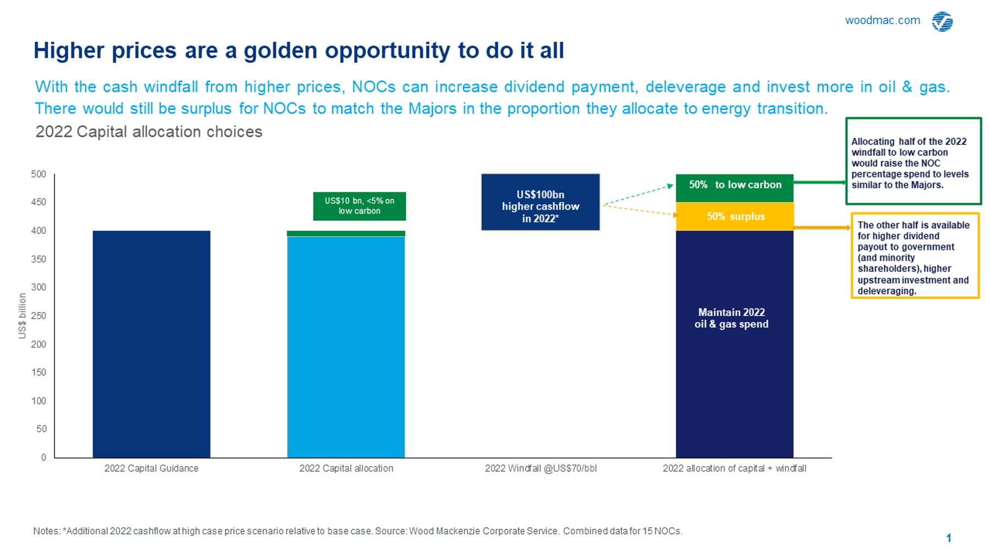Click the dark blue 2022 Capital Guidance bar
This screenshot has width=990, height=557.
(151, 344)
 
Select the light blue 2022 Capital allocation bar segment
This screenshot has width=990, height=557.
(346, 347)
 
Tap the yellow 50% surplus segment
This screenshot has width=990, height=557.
(735, 216)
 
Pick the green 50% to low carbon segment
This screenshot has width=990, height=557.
(735, 187)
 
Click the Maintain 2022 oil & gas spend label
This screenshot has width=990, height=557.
(732, 318)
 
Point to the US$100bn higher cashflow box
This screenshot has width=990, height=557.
(540, 202)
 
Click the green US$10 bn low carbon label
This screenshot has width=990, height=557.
(359, 206)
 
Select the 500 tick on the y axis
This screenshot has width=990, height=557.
(38, 174)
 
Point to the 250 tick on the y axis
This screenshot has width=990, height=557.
(38, 316)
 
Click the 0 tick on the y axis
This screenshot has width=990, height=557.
(43, 457)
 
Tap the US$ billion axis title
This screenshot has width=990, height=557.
(23, 316)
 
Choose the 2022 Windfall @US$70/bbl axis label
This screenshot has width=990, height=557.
(541, 468)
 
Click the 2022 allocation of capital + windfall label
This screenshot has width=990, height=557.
(734, 468)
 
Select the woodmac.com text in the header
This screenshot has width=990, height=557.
(882, 20)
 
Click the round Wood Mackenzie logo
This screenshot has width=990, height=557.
(942, 21)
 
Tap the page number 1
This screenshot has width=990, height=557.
(949, 538)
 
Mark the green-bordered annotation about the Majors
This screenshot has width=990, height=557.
(913, 161)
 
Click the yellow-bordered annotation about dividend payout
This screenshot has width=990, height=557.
(915, 256)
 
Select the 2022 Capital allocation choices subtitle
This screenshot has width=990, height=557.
(148, 132)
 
